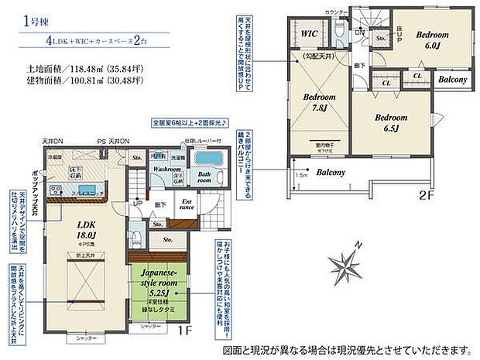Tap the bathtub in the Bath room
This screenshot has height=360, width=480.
coord(205,159)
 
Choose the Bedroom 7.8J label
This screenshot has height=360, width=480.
coord(318,101)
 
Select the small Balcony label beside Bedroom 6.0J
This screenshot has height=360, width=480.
coord(451,79)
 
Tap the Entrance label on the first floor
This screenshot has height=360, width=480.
coord(188,204)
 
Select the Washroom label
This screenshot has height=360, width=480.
coord(166,168)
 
